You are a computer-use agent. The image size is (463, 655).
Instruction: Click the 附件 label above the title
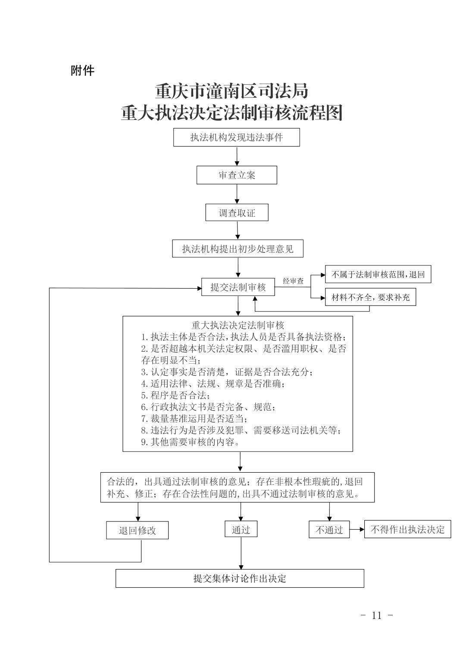[82, 71]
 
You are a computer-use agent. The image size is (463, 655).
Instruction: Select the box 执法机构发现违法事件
[236, 137]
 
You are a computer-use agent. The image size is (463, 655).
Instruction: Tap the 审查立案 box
[237, 175]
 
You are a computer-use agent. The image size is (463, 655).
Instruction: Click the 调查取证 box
[237, 212]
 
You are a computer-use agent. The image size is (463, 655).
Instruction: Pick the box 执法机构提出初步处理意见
[238, 249]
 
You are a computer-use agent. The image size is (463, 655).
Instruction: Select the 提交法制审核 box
[238, 287]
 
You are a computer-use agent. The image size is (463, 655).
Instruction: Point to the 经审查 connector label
[293, 281]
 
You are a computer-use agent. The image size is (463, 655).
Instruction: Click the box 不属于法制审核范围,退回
[378, 274]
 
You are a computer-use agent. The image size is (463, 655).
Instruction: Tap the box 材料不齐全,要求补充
[370, 297]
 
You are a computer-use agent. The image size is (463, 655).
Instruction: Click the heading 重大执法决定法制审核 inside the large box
[238, 325]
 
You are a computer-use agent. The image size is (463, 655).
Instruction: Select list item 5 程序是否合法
[175, 395]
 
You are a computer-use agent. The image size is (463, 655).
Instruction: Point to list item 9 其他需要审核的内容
[190, 442]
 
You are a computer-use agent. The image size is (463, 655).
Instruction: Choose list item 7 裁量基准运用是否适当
[194, 419]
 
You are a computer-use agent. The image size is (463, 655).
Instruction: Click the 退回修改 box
[138, 530]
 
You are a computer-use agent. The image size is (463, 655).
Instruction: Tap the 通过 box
[241, 529]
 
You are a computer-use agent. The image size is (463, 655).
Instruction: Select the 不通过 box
[329, 529]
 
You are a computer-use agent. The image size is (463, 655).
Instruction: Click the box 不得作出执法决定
[407, 529]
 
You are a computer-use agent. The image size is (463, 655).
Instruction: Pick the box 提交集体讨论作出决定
[240, 578]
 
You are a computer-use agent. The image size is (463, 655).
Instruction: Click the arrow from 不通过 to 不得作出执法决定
[357, 529]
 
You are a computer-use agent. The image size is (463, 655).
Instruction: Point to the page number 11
[377, 615]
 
